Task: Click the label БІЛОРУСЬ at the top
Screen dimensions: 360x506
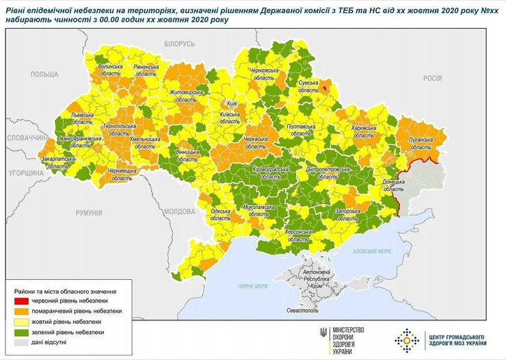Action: (179, 44)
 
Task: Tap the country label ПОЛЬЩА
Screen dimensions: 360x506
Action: (44, 74)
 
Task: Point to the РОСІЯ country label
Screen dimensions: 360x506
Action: (432, 78)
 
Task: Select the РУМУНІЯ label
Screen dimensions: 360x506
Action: (89, 213)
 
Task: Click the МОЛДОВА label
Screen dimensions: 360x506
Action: (181, 211)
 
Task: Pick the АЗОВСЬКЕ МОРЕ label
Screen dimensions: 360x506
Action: (372, 251)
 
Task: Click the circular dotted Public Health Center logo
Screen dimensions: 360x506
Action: (408, 338)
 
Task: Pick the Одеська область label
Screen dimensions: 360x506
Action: (220, 216)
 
